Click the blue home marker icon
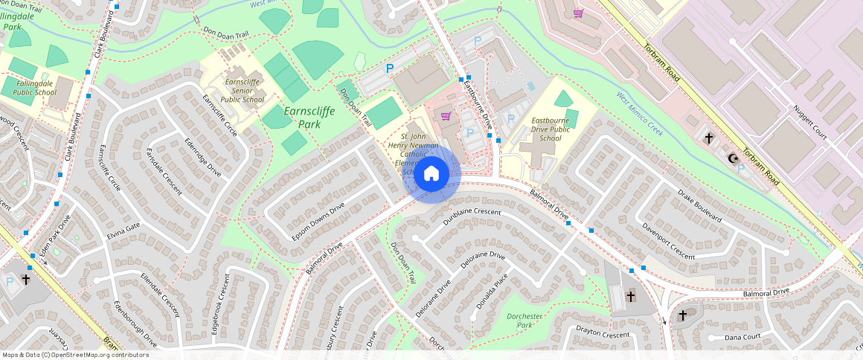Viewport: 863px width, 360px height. click(431, 174)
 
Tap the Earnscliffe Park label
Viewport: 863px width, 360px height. click(309, 118)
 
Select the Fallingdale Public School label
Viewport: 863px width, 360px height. click(33, 88)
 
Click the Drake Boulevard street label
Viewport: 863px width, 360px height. click(699, 206)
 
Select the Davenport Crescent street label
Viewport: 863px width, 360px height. click(668, 241)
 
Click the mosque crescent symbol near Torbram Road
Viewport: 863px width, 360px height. click(734, 158)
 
